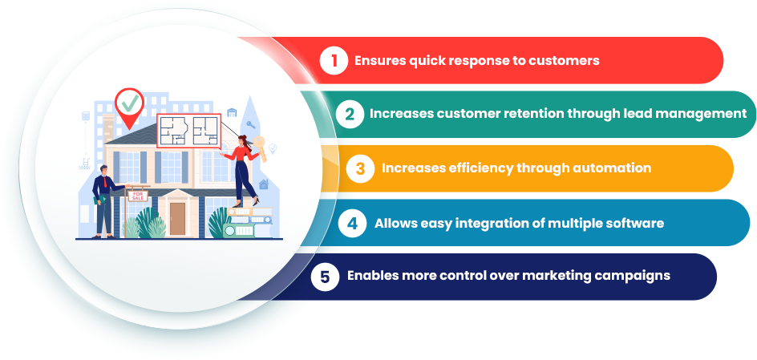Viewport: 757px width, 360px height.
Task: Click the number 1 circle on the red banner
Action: coord(334,61)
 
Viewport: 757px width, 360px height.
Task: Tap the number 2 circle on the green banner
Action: coord(350,115)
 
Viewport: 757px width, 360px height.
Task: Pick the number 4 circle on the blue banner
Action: coord(352,224)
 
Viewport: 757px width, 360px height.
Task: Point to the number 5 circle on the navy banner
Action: coord(325,277)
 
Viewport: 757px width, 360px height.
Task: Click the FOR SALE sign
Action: coord(138,196)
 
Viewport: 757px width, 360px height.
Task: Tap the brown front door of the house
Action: coord(178,218)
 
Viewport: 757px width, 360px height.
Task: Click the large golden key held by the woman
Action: coord(260,148)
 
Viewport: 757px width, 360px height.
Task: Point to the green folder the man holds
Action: coord(99,200)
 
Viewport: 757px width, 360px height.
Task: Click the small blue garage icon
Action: coord(232,112)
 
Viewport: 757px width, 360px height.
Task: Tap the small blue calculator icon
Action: coord(86,115)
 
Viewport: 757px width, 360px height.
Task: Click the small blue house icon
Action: coord(264,184)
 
